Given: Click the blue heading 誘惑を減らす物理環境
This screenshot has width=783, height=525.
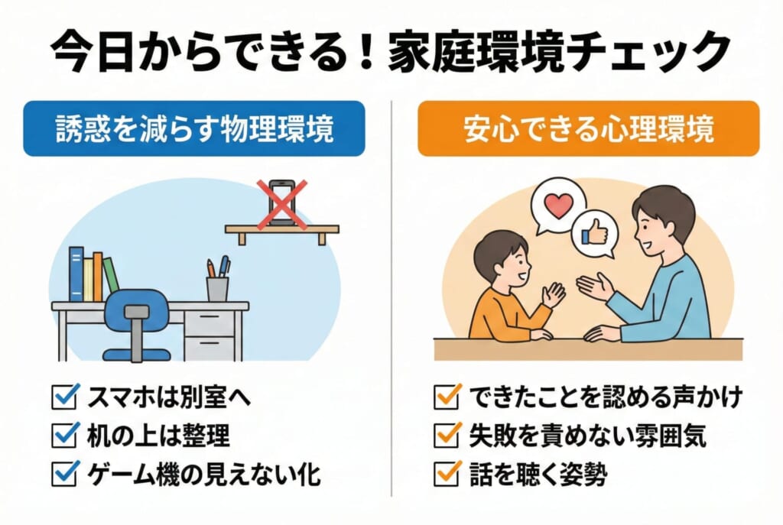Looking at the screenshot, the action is (194, 128).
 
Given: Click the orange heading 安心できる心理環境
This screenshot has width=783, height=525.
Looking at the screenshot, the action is (588, 128).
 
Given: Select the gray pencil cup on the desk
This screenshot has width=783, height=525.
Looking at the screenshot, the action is (218, 289).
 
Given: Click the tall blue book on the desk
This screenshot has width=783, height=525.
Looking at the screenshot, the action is (76, 274).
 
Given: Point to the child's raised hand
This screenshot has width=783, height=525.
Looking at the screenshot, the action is (554, 295).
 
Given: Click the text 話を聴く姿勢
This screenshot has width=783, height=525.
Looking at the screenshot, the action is (538, 474).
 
